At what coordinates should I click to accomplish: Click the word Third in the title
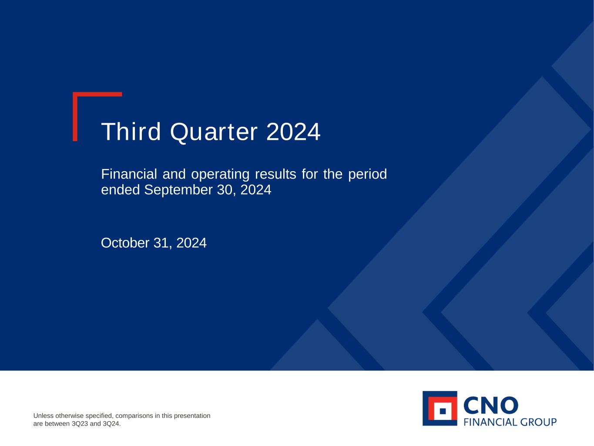131,132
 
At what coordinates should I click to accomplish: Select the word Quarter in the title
214,133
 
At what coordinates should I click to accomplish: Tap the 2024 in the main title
293,132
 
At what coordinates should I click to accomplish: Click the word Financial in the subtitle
129,174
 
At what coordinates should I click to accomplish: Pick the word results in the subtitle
275,174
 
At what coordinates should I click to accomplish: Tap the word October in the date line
125,243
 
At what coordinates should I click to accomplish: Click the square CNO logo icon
440,409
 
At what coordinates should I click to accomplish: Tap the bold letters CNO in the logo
491,405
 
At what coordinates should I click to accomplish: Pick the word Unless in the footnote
44,416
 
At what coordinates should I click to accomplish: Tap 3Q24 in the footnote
111,424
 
